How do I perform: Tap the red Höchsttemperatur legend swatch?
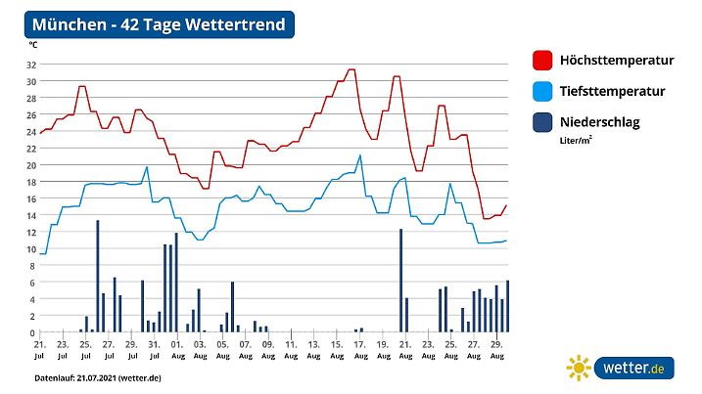543,60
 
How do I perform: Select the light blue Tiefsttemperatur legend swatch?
543,91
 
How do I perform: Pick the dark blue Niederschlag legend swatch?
543,123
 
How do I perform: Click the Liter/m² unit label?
577,140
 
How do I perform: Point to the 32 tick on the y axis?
31,65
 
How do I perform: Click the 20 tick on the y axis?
31,165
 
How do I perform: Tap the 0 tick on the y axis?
33,332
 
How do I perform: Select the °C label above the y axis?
32,45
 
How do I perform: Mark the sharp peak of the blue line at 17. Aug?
360,155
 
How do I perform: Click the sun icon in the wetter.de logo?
580,369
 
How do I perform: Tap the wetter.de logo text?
633,369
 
